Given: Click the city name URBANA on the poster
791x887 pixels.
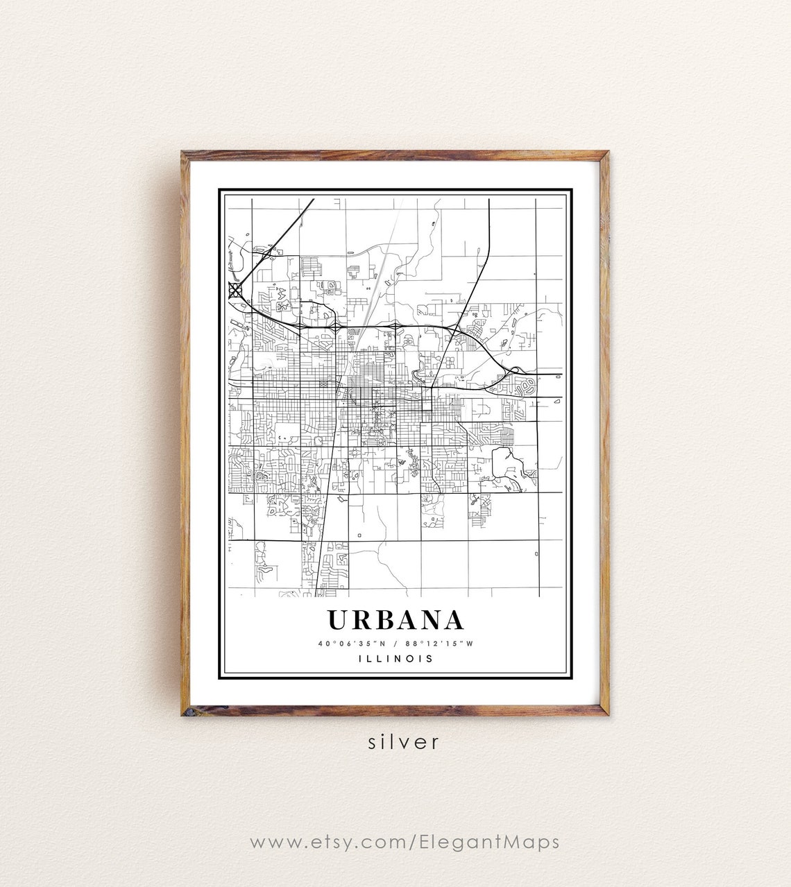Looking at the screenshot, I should tap(395, 620).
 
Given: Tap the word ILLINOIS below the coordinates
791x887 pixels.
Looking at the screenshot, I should tap(395, 658).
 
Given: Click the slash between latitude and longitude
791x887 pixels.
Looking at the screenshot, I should tap(396, 643).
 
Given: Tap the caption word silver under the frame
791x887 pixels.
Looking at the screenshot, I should tap(404, 741).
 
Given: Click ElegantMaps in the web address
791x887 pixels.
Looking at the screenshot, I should tap(489, 842).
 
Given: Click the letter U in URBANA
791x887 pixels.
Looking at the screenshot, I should tap(340, 620).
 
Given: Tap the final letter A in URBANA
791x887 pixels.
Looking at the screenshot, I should tap(451, 620).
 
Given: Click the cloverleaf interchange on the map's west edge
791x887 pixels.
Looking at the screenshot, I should tap(236, 289).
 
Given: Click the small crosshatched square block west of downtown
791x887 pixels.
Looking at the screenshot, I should tap(323, 383).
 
